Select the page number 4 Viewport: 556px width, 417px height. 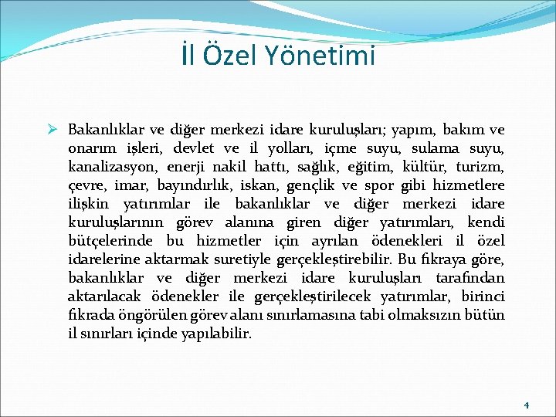[x=526, y=405]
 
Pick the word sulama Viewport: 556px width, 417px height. [x=427, y=147]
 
